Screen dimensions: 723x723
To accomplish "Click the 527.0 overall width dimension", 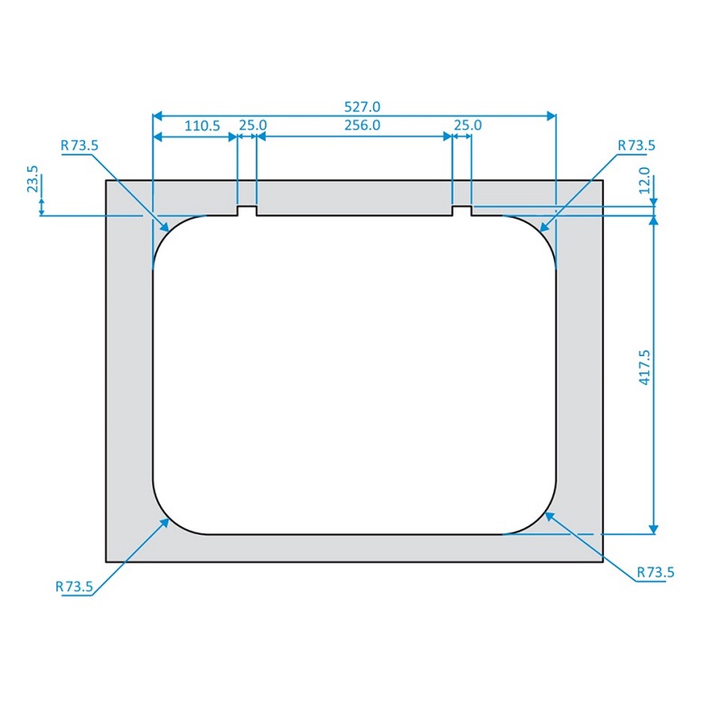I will click(x=354, y=106).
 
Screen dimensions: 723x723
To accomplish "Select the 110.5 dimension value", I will click(x=202, y=127).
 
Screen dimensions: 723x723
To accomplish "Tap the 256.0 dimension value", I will click(x=362, y=127).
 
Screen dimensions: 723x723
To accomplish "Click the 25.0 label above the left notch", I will click(x=253, y=127).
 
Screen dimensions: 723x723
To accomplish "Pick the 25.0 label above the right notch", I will click(x=467, y=127).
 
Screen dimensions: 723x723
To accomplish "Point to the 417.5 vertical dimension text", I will click(x=644, y=369).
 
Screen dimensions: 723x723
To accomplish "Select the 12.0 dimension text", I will click(x=644, y=176).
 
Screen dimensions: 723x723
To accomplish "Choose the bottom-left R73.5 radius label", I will click(x=74, y=587).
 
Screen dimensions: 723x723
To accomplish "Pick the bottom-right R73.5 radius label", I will click(x=655, y=572).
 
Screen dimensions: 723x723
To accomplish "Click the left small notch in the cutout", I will click(x=247, y=211).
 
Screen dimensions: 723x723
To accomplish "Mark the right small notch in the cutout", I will click(x=461, y=211).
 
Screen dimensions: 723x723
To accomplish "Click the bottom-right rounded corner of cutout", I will click(x=540, y=519).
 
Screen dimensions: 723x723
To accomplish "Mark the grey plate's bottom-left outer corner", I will click(x=107, y=561).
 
